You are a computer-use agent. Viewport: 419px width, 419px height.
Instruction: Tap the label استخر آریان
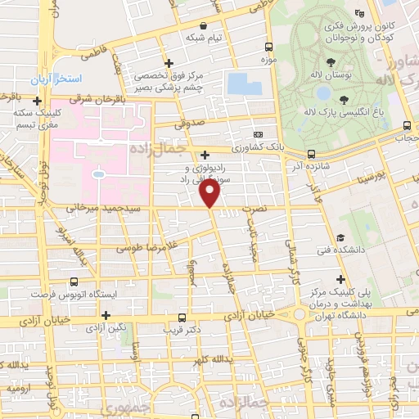(x=53, y=81)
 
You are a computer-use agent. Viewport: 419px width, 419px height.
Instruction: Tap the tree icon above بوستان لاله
(x=330, y=62)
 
